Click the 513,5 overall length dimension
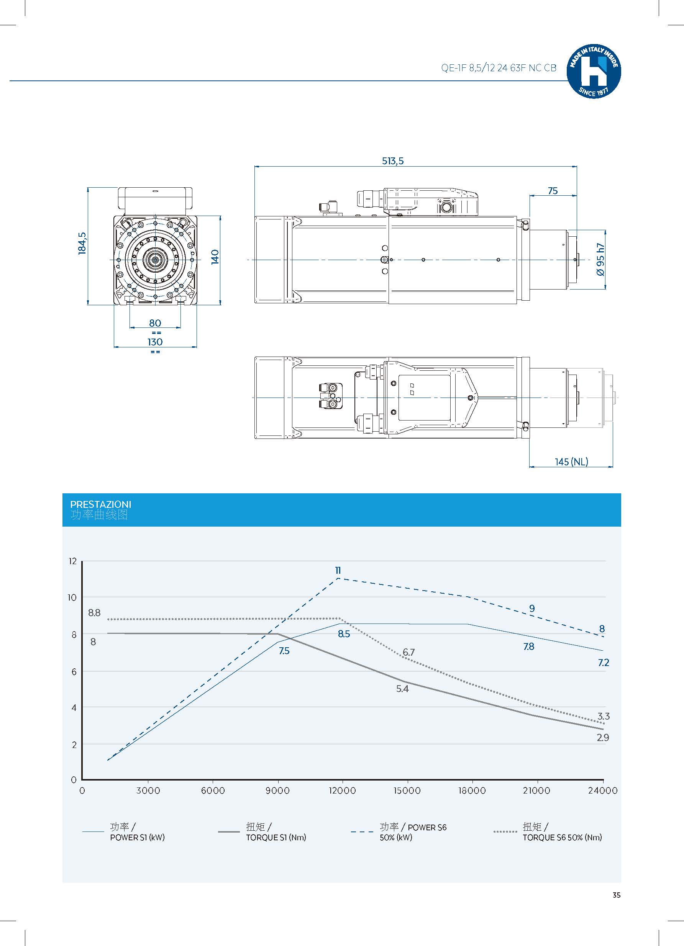(393, 161)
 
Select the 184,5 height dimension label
(82, 243)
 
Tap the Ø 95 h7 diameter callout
(600, 259)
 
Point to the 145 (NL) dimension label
(571, 462)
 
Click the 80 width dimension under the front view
(155, 323)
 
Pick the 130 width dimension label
(155, 342)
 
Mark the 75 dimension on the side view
(553, 191)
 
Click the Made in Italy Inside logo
(594, 71)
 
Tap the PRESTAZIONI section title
(100, 504)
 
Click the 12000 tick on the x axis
(342, 791)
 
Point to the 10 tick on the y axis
(72, 598)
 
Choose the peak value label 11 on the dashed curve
(338, 570)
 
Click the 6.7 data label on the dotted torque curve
(408, 652)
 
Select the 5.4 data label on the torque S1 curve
(402, 689)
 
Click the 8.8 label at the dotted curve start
(94, 613)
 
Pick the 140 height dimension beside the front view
(215, 257)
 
